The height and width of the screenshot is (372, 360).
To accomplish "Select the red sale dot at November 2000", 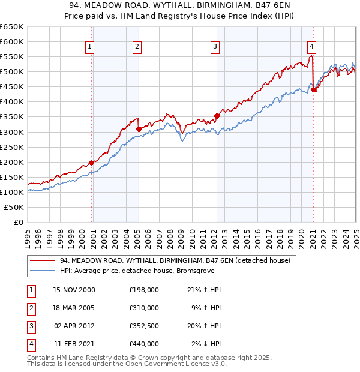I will click(x=92, y=162).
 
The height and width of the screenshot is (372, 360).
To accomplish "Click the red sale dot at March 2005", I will click(x=139, y=128).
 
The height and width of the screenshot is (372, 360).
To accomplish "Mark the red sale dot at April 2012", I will click(x=217, y=116).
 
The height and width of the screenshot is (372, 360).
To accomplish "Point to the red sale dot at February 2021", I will click(x=313, y=89).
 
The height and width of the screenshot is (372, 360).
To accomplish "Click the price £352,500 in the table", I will click(x=143, y=326).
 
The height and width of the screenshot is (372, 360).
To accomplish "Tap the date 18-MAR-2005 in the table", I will click(x=74, y=308).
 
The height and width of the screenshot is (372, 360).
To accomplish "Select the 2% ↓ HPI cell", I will click(x=206, y=344).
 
